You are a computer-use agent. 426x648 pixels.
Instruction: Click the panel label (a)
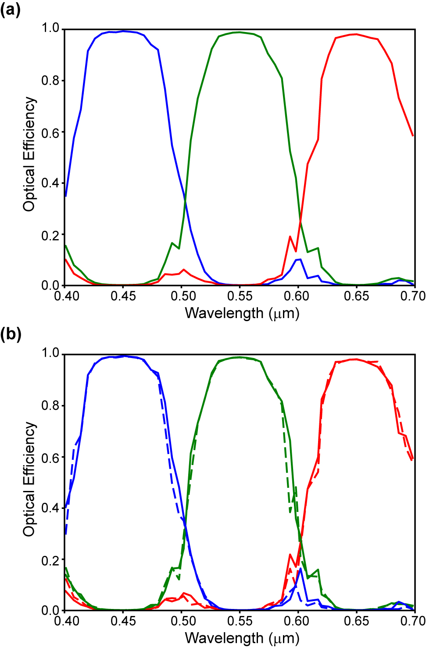click(x=11, y=10)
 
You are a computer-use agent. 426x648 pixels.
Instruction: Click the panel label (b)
click(x=11, y=334)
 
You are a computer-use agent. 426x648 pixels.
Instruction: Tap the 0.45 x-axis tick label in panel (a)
click(x=123, y=296)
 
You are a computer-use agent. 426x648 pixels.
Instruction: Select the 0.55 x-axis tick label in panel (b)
click(x=240, y=621)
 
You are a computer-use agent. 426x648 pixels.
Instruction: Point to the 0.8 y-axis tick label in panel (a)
click(x=50, y=81)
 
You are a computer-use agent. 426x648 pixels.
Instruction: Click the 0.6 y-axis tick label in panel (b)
click(x=50, y=457)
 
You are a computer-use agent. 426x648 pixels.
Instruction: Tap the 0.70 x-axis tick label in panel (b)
click(x=413, y=621)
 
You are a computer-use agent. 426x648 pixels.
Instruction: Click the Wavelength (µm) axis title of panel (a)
click(x=242, y=313)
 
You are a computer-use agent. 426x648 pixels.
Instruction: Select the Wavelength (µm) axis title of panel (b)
click(x=242, y=638)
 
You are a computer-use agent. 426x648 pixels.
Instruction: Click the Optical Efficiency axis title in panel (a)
click(x=29, y=154)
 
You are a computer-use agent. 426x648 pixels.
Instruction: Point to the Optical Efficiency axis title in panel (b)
click(x=29, y=479)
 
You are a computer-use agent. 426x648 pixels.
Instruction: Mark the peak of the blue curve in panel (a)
click(x=124, y=31)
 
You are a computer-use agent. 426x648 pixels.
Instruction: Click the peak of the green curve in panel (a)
click(x=239, y=32)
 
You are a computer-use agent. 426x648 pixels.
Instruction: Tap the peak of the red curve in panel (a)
click(x=356, y=34)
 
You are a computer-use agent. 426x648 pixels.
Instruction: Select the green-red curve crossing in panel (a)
click(x=301, y=222)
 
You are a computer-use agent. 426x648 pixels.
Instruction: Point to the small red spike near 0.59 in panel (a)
click(x=290, y=236)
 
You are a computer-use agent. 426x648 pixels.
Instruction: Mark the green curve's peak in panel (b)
click(x=239, y=357)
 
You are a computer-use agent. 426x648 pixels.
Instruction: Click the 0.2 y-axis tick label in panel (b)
click(x=50, y=560)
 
